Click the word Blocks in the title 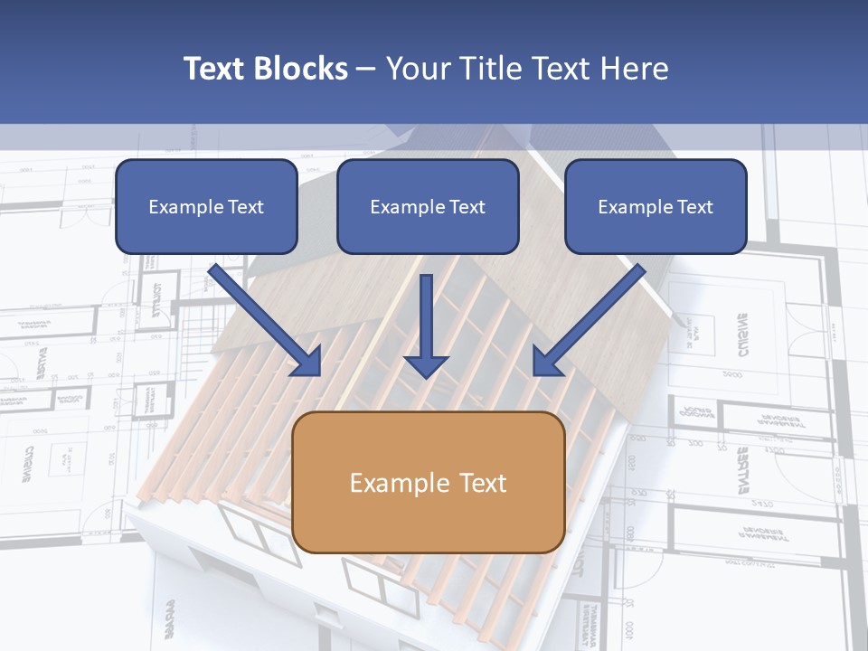pyautogui.click(x=302, y=69)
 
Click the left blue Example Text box pyautogui.click(x=206, y=206)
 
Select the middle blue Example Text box pyautogui.click(x=428, y=206)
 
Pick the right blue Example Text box pyautogui.click(x=656, y=206)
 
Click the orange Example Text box pyautogui.click(x=429, y=482)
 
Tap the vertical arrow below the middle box pyautogui.click(x=426, y=321)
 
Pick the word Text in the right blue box pyautogui.click(x=694, y=207)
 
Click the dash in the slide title pyautogui.click(x=366, y=69)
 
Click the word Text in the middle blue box pyautogui.click(x=467, y=207)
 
